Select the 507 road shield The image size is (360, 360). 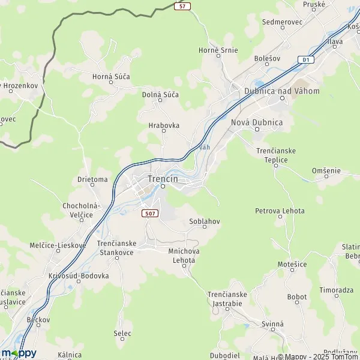tap(150, 213)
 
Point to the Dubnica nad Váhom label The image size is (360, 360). tap(282, 91)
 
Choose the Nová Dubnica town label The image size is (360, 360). tap(257, 122)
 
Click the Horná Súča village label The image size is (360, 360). tap(111, 77)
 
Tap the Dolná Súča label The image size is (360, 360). tap(160, 95)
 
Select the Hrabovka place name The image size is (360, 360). tap(164, 126)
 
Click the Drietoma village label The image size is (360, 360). tap(92, 179)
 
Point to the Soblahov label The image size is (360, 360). tap(205, 221)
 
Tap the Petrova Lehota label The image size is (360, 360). tap(280, 211)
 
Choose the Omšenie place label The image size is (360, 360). tap(326, 171)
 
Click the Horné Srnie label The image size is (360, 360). tap(218, 50)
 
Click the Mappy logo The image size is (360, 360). tap(19, 353)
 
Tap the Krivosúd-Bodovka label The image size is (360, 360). tap(79, 276)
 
